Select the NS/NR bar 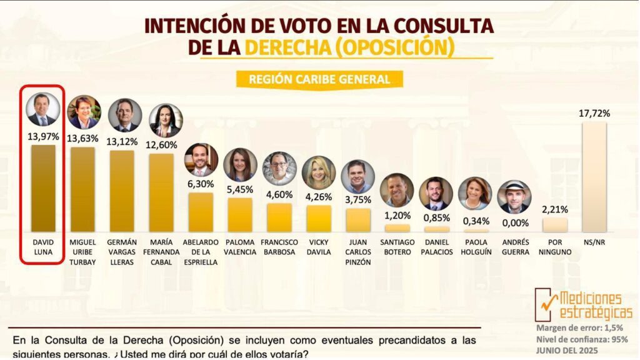[594, 177]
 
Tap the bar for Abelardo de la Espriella [201, 212]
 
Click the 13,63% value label [82, 138]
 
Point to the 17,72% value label [594, 113]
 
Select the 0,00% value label [515, 222]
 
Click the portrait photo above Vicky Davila [319, 172]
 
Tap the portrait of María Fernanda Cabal [166, 121]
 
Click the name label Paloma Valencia [240, 247]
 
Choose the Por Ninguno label [555, 247]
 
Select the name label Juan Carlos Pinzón [357, 252]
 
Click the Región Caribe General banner [319, 79]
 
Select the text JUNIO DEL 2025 [571, 351]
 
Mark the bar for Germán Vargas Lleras [122, 191]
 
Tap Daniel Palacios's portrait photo [436, 194]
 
